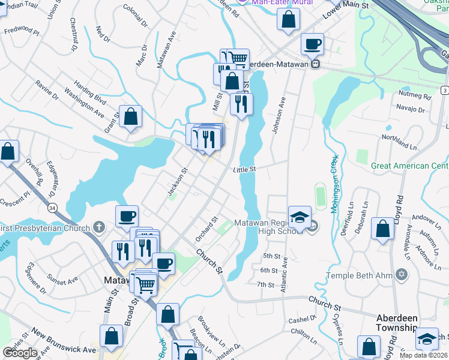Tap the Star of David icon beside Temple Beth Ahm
point(401,275)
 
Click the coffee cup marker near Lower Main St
point(312,45)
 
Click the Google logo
point(20,353)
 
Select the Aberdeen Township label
point(396,322)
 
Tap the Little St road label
point(245,170)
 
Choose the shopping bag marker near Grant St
point(130,116)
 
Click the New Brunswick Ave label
point(64,341)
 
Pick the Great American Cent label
point(409,166)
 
